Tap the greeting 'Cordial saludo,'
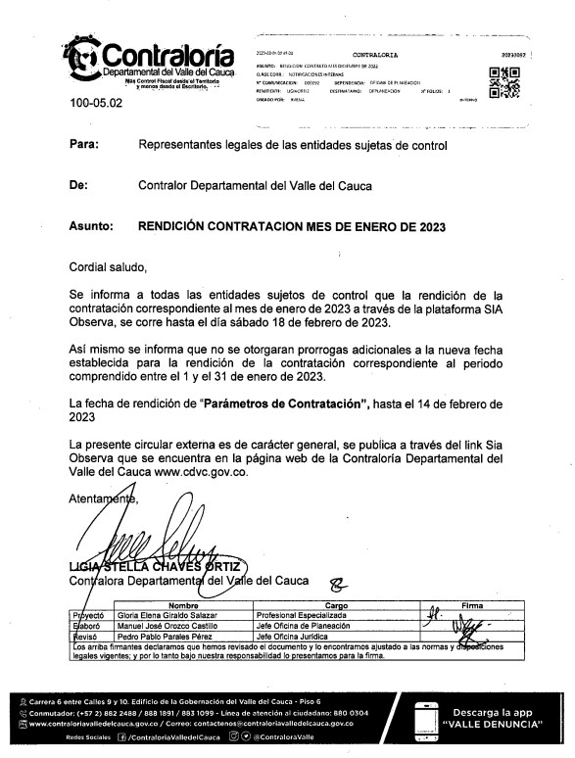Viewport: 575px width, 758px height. tap(108, 266)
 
